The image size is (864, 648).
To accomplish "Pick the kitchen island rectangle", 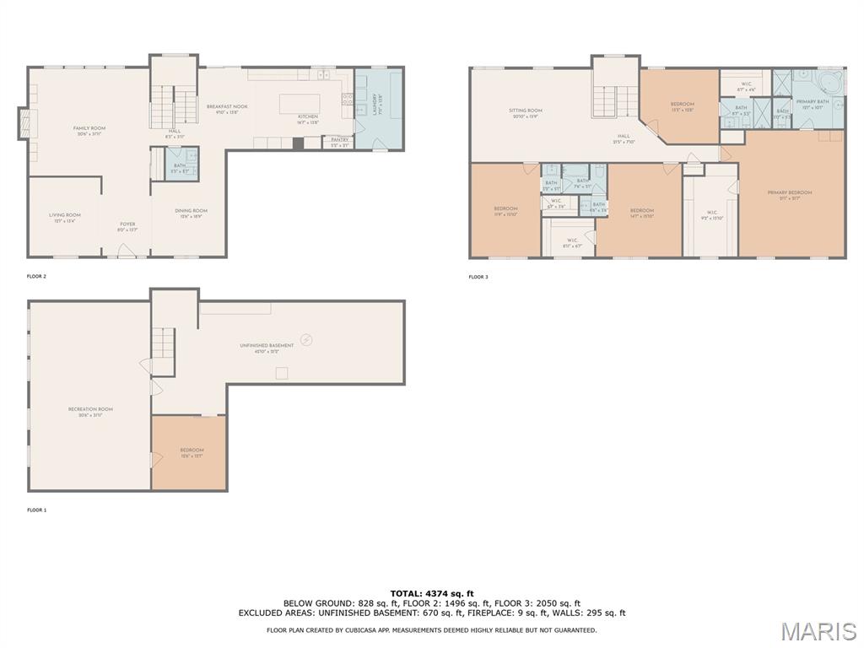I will [x=300, y=104].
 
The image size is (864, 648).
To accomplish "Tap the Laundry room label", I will [x=369, y=110].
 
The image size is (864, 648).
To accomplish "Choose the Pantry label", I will [x=339, y=142].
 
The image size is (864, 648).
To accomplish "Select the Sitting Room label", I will [x=525, y=113].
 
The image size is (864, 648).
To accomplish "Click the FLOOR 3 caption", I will [x=478, y=277].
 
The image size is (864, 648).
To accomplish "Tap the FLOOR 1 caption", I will [x=37, y=510].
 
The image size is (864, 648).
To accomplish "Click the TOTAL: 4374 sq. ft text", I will [x=432, y=593].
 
